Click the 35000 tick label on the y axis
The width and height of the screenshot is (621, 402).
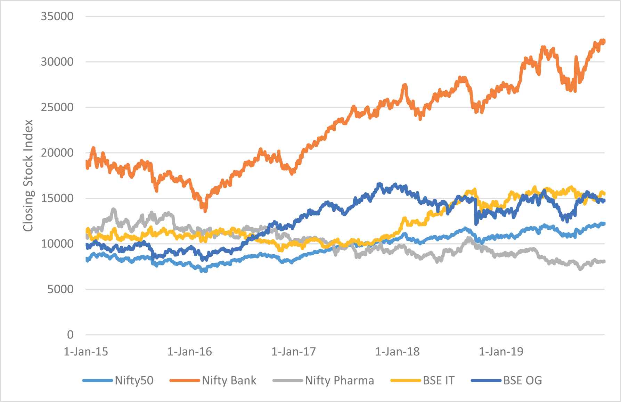point(57,16)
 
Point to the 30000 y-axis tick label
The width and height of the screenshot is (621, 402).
point(57,62)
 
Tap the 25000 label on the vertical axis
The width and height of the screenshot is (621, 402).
point(57,107)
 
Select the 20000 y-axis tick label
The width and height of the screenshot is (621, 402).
point(57,153)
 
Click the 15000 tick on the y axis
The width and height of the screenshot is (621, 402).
point(57,198)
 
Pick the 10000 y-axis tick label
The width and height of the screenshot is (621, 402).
point(57,244)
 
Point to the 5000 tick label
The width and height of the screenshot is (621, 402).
point(60,289)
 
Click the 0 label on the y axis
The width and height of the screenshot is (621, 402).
point(70,335)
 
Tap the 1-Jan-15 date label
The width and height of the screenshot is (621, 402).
point(86,352)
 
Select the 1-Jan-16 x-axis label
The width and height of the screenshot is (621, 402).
point(189,352)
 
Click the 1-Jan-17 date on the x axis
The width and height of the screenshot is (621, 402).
point(293,352)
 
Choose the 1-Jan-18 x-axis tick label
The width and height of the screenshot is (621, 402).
point(397,352)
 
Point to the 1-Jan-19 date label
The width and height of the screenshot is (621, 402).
point(501,352)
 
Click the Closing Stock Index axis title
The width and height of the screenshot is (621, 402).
point(28,175)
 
